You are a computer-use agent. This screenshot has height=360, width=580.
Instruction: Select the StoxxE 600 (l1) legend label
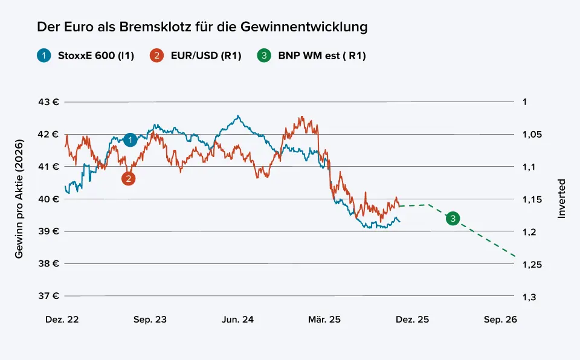point(95,56)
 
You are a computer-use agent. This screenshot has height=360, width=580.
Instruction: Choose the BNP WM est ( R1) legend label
point(322,56)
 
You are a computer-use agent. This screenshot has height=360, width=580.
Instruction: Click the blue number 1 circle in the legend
point(43,56)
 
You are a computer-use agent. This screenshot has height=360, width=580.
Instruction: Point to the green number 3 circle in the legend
point(264,56)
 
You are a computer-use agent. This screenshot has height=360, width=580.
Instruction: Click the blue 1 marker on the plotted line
point(130,140)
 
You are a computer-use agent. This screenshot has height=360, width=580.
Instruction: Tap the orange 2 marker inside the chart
point(128,178)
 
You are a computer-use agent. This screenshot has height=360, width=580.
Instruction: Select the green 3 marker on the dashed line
point(453,219)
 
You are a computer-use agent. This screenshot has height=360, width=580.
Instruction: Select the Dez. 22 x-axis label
point(62,320)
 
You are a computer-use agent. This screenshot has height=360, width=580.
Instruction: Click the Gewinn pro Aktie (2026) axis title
point(19,199)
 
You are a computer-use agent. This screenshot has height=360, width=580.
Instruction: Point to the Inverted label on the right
point(561,198)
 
